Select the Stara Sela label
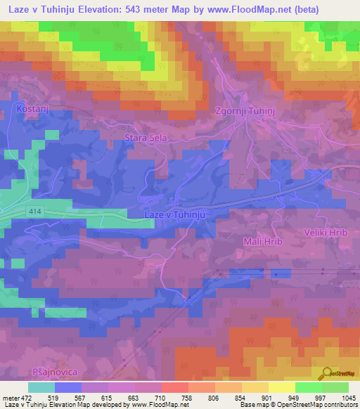pos(146,138)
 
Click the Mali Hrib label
pos(262,242)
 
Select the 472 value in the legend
pos(26,398)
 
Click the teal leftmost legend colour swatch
pos(41,387)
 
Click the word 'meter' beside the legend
pos(11,398)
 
